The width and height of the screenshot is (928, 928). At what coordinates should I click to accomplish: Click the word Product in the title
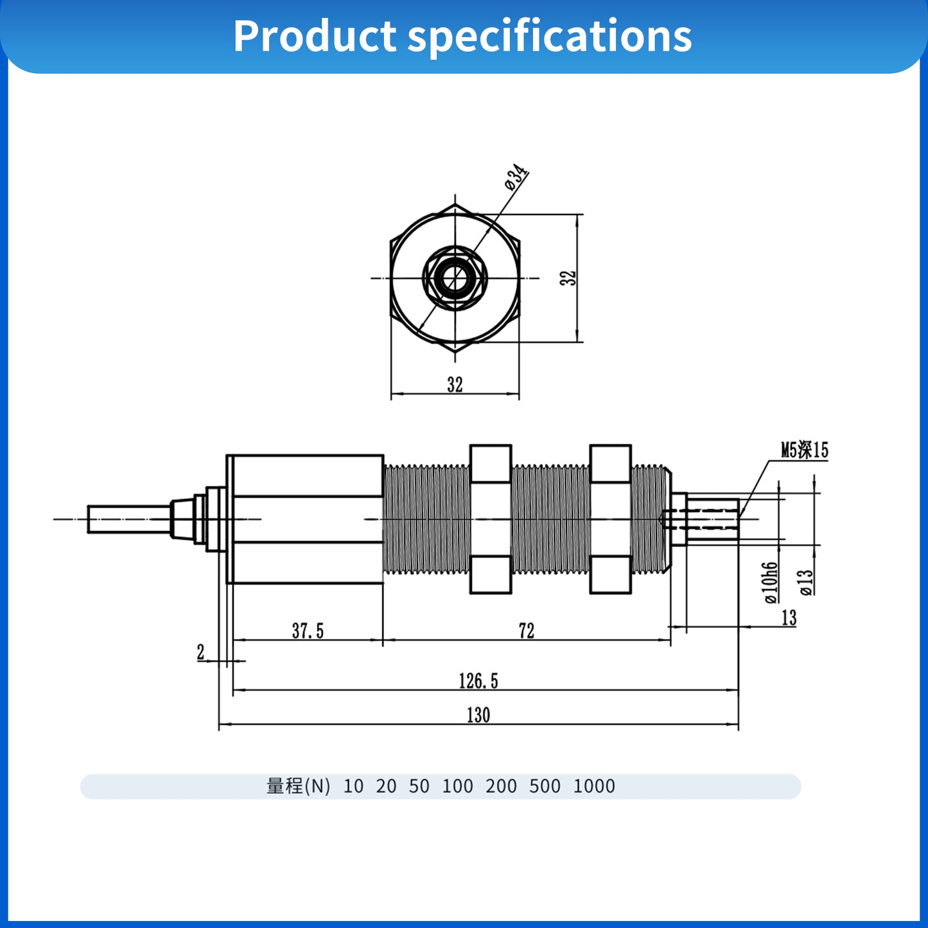pyautogui.click(x=315, y=36)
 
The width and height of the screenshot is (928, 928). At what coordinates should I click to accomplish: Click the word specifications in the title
pyautogui.click(x=550, y=36)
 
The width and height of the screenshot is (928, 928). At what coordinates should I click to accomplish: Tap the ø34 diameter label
pyautogui.click(x=516, y=178)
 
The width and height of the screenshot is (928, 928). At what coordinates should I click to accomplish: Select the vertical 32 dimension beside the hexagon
pyautogui.click(x=568, y=278)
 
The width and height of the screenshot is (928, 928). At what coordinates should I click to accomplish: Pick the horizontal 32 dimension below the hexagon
pyautogui.click(x=455, y=385)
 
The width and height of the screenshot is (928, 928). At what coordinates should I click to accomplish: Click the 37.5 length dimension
pyautogui.click(x=308, y=631)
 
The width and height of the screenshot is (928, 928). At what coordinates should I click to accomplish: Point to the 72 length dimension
pyautogui.click(x=526, y=631)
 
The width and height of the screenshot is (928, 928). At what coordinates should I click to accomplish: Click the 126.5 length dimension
pyautogui.click(x=478, y=681)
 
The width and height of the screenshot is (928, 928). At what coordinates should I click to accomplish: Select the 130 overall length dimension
pyautogui.click(x=478, y=715)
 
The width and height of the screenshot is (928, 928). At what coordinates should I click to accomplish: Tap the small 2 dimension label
pyautogui.click(x=200, y=652)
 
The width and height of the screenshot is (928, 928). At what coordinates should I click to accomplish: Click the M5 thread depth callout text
pyautogui.click(x=804, y=450)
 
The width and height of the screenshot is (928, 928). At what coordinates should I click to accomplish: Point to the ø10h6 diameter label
pyautogui.click(x=771, y=582)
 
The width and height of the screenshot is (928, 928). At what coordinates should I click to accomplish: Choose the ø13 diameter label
pyautogui.click(x=806, y=582)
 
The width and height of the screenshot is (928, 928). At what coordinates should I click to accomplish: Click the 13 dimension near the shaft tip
pyautogui.click(x=789, y=618)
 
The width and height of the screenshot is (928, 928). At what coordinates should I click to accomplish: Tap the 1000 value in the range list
pyautogui.click(x=593, y=786)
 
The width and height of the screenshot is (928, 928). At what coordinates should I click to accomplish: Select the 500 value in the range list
pyautogui.click(x=545, y=786)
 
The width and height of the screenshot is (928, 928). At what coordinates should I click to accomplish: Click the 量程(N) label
pyautogui.click(x=298, y=786)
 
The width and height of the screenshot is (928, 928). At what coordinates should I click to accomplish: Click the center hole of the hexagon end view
pyautogui.click(x=455, y=278)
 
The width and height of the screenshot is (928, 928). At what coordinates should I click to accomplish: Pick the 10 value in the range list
pyautogui.click(x=353, y=786)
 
